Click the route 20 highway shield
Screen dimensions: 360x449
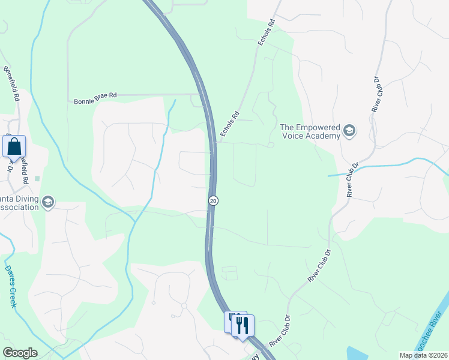click(x=213, y=200)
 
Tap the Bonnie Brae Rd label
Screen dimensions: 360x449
click(x=95, y=101)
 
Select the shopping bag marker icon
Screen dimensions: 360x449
click(x=14, y=146)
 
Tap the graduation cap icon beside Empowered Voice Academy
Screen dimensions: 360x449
click(x=349, y=131)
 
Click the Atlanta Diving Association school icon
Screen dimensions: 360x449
click(x=47, y=203)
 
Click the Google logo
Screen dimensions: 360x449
click(x=20, y=353)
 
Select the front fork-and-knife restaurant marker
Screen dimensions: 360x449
click(x=243, y=325)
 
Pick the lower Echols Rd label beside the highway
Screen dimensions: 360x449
click(x=230, y=125)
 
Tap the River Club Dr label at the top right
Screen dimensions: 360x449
click(x=376, y=94)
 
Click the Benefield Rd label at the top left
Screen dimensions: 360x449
click(x=11, y=83)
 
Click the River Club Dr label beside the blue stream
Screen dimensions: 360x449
click(x=352, y=179)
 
